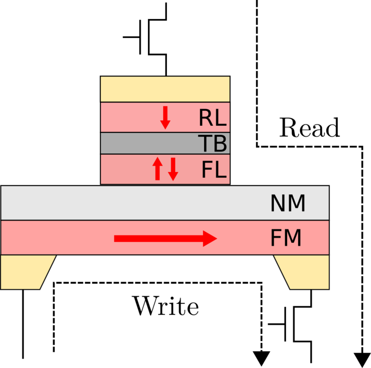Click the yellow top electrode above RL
point(165,89)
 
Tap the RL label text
point(212,118)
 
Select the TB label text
point(212,144)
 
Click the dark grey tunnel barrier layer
point(148,143)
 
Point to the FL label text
point(213,170)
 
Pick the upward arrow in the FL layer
point(158,168)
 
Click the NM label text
point(288,204)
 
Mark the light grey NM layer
point(139,203)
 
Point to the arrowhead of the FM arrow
point(210,239)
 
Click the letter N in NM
point(278,204)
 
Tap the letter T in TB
point(205,144)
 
